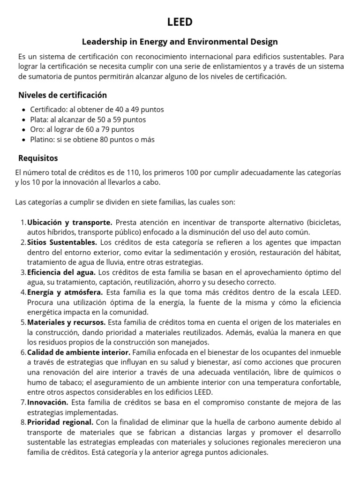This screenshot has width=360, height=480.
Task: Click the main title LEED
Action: pos(180,22)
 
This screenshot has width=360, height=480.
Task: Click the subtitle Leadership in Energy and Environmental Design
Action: pos(180,42)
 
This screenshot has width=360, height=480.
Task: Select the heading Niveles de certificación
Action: pos(62,95)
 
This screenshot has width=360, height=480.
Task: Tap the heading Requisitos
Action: pos(38,158)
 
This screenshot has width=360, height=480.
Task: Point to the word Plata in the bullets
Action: pos(39,120)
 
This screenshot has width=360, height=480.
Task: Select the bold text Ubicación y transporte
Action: pos(70,222)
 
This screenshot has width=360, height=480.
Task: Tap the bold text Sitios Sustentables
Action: pos(62,242)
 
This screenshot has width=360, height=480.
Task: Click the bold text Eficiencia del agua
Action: pos(61,272)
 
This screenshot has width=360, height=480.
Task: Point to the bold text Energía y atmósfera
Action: pos(64,292)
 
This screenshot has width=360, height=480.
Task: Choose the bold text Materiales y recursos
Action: pos(67,322)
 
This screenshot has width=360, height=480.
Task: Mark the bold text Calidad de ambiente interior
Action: pos(79,352)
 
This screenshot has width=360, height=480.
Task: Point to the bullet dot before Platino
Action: pos(24,140)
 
